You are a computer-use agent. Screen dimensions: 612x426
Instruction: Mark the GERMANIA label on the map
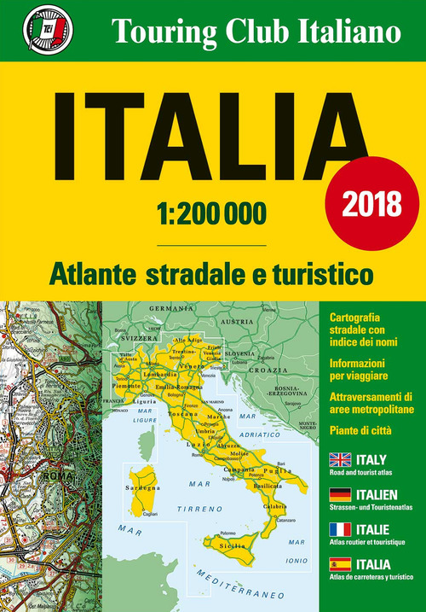click(167, 307)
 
